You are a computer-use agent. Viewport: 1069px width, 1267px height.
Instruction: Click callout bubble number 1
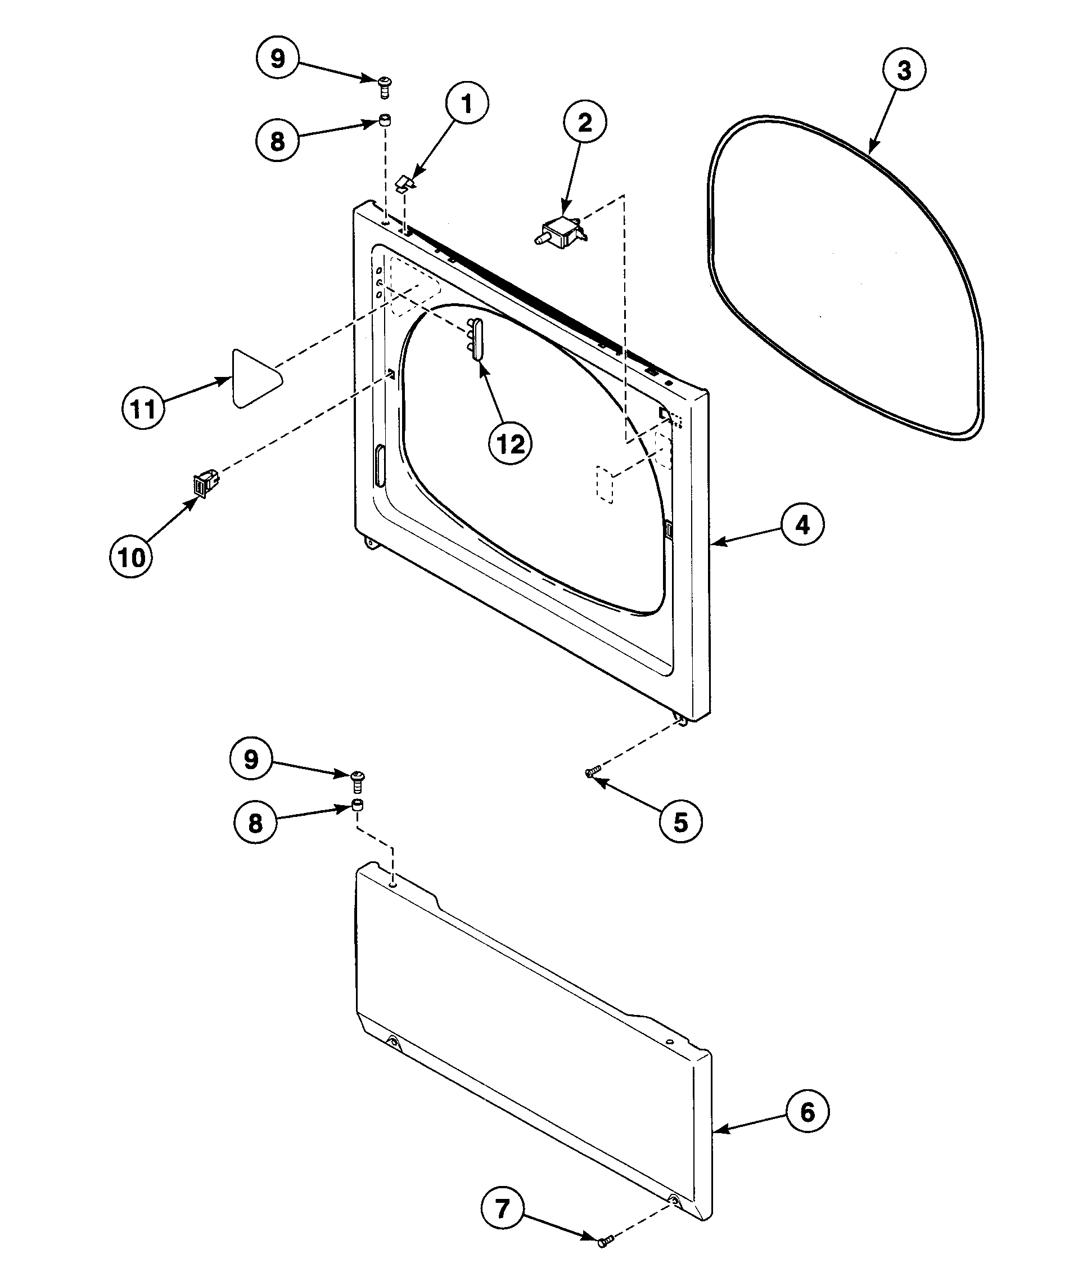point(467,105)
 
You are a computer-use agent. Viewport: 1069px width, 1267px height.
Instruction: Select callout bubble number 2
point(585,123)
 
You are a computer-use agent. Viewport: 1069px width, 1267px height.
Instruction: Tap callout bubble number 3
point(904,71)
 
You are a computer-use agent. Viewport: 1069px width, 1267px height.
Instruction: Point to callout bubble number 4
point(802,524)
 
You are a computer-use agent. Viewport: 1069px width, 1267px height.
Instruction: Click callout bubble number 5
point(680,822)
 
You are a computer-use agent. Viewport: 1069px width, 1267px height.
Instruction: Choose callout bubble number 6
point(807,1112)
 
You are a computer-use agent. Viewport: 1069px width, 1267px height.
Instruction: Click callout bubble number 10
point(132,556)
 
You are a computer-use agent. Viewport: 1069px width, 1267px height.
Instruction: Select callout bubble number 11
point(143,408)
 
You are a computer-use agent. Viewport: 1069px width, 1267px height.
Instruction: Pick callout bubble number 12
point(510,444)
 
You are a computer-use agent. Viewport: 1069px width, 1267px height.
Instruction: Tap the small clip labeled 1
point(407,182)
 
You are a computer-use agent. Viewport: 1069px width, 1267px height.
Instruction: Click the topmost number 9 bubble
point(277,59)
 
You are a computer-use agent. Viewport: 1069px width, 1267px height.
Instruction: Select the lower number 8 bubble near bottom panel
point(256,823)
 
